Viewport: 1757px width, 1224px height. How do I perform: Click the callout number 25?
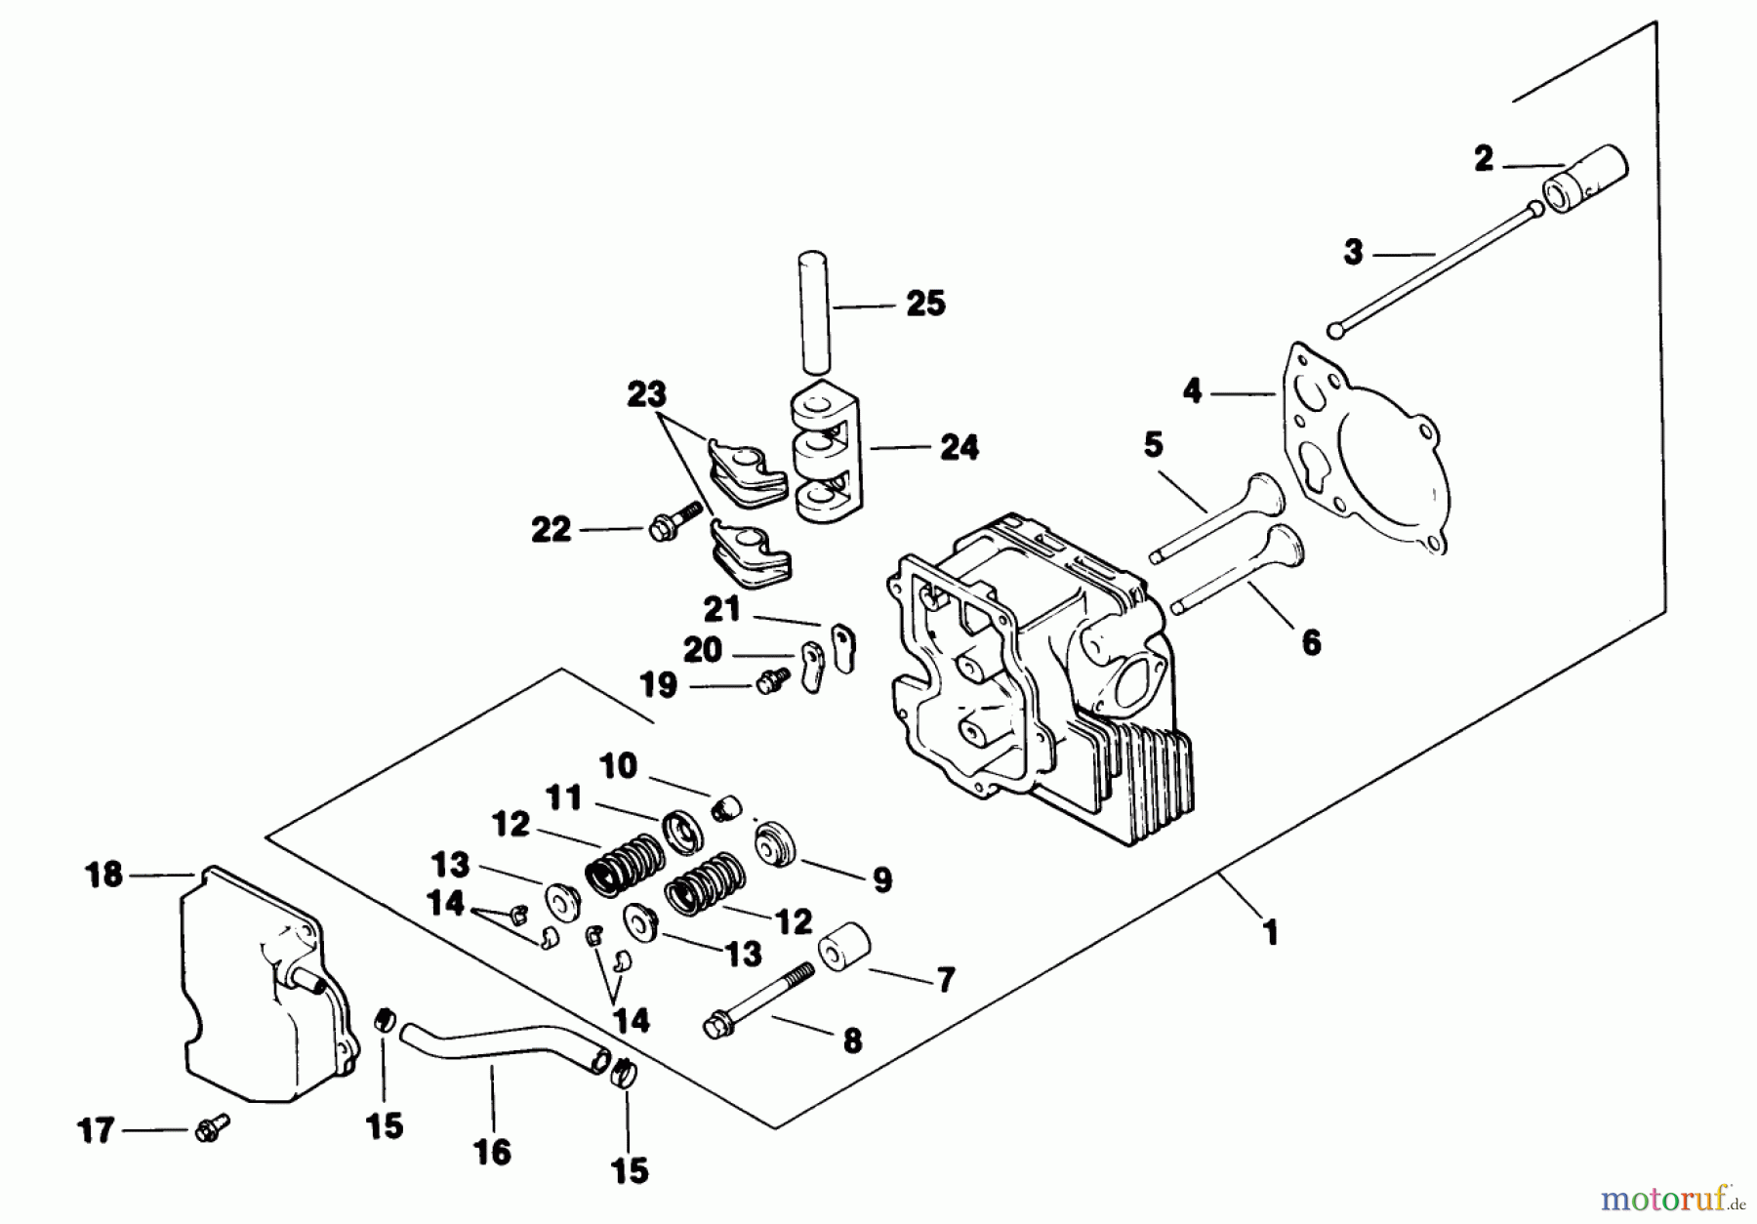point(925,304)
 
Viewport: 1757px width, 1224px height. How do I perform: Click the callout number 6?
point(1311,641)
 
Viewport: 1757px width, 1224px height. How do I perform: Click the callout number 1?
point(1269,933)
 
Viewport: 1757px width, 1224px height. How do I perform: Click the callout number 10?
point(618,765)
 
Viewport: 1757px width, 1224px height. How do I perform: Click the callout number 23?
point(645,394)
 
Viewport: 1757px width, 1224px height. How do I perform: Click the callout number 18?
point(103,874)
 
